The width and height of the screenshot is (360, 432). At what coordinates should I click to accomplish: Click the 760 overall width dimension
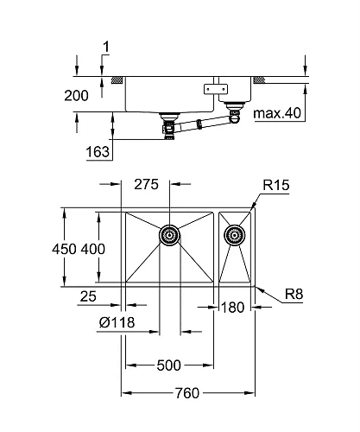(189, 394)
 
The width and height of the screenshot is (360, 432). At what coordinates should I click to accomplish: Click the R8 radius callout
(294, 297)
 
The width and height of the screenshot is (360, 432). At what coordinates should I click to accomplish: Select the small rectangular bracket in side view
(213, 88)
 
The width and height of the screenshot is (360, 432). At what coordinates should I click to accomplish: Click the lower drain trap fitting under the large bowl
(169, 130)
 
